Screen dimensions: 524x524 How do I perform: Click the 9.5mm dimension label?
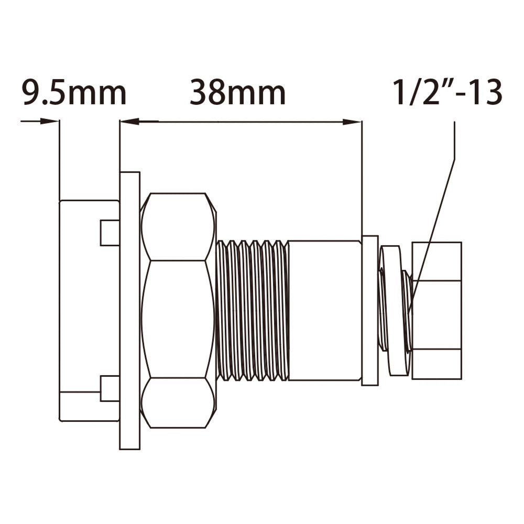74,93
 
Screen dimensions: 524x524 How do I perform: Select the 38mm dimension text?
237,93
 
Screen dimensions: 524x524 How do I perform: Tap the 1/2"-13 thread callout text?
448,93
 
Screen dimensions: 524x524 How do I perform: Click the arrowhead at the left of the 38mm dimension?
129,122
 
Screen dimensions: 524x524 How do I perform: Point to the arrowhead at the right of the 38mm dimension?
353,122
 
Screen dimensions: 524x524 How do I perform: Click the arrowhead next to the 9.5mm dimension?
50,121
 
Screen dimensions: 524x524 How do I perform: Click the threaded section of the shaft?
252,310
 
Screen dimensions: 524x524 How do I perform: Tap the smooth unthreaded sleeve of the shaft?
324,310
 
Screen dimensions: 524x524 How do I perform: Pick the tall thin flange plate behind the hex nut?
129,310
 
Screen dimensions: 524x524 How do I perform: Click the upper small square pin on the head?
110,233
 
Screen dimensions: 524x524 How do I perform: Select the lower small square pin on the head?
110,388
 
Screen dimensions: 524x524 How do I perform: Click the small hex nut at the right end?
436,310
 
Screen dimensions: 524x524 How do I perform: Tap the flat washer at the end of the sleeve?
370,310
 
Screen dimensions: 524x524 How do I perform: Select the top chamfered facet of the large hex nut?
178,226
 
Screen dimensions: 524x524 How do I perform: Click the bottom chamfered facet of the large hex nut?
178,402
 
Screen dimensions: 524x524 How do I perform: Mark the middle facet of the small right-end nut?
436,314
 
